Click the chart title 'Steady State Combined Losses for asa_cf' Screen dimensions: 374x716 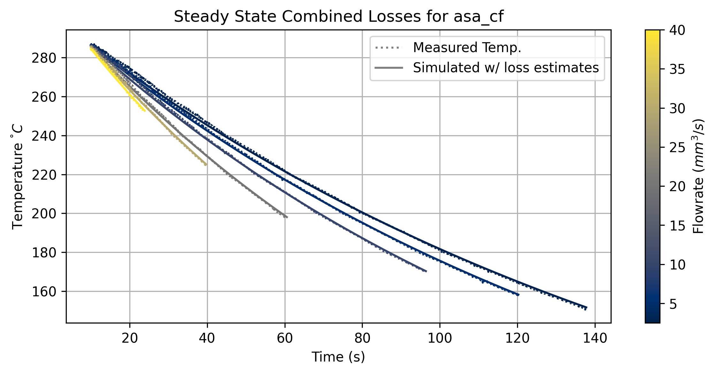point(339,17)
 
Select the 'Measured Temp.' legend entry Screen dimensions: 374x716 point(467,48)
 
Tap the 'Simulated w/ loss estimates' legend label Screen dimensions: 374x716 point(506,68)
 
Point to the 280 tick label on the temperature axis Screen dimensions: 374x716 point(44,58)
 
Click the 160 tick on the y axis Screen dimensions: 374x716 point(44,292)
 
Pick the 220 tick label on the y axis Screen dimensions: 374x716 point(44,175)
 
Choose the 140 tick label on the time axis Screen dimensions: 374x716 point(595,338)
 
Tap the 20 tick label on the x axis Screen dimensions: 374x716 point(130,338)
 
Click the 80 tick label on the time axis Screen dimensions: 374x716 point(362,338)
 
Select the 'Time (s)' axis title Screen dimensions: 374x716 point(338,357)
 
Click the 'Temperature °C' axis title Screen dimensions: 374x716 point(18,177)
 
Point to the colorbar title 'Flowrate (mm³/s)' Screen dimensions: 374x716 point(699,176)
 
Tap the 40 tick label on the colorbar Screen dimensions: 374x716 point(677,30)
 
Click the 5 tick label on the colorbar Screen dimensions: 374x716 point(673,304)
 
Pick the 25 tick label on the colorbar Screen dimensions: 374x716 point(677,148)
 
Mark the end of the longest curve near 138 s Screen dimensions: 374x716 point(586,308)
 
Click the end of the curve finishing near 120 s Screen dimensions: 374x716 point(518,295)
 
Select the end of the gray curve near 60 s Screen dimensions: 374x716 point(287,217)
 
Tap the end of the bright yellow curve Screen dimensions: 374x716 point(145,111)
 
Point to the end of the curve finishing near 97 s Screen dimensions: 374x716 point(426,271)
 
